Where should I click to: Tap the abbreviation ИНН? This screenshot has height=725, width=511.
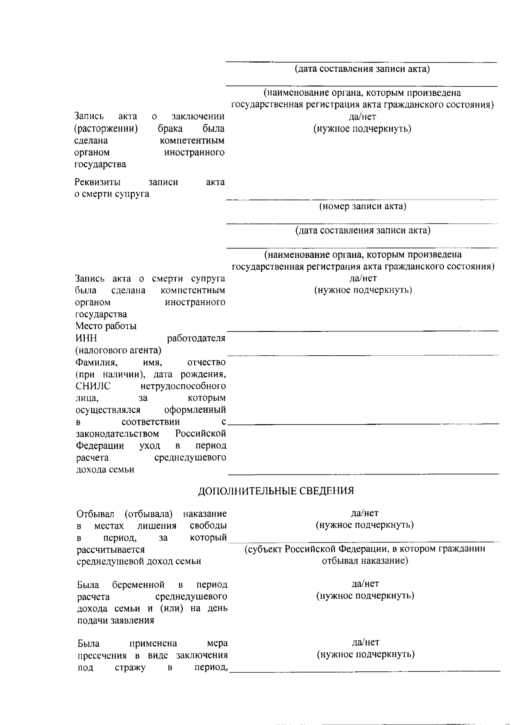click(x=86, y=338)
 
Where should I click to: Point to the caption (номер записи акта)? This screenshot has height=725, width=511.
click(x=363, y=207)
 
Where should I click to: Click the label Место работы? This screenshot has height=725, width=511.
click(x=106, y=326)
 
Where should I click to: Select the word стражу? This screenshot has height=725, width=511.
click(x=130, y=668)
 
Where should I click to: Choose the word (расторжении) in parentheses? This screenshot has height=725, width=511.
click(x=106, y=128)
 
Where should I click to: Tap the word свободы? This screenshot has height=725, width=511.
click(x=208, y=526)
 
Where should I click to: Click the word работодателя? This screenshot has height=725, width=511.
click(x=196, y=338)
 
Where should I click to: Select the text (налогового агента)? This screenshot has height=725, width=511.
click(x=118, y=351)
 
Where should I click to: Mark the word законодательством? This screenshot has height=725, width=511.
click(x=118, y=434)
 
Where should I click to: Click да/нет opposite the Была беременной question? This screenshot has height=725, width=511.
click(x=365, y=584)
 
